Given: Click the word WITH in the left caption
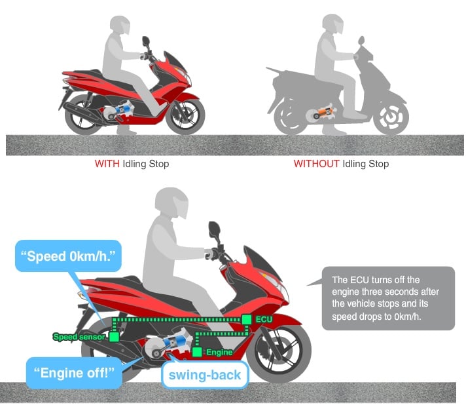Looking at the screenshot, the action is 107,164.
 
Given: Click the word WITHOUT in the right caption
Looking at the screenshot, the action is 317,164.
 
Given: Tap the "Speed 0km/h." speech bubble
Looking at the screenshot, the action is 68,256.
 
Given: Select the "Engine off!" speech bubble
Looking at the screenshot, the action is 74,373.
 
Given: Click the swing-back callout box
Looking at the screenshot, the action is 205,375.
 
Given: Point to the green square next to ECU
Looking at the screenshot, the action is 246,320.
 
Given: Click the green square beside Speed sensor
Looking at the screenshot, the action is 114,337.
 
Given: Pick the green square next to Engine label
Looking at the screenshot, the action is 197,352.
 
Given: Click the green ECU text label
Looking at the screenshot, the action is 264,320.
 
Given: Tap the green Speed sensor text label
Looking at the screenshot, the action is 79,337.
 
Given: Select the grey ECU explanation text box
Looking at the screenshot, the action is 388,298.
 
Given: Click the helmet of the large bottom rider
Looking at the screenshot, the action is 172,202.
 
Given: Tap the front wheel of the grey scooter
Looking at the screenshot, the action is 391,117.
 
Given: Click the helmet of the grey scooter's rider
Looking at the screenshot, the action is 333,24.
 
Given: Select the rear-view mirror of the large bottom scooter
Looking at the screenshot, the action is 214,230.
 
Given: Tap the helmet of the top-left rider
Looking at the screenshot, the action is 120,26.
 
